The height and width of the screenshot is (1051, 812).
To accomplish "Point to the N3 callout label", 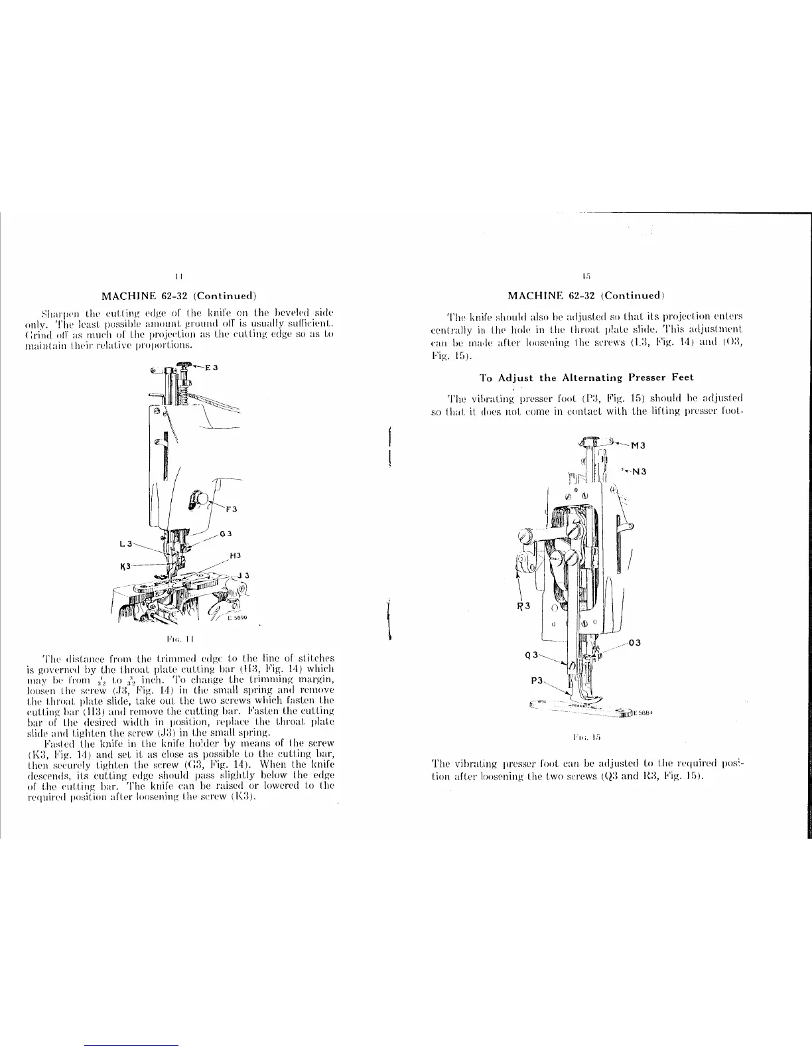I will (x=638, y=472).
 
